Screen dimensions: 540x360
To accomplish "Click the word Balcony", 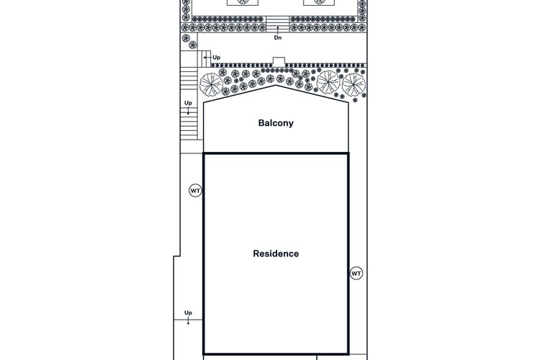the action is click(276, 123).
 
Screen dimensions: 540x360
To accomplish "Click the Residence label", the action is click(276, 253).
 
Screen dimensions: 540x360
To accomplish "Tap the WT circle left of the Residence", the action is click(195, 191).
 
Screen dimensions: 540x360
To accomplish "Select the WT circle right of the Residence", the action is click(356, 274).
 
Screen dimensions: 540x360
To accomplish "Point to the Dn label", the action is click(278, 38).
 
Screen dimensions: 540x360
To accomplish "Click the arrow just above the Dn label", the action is click(278, 30).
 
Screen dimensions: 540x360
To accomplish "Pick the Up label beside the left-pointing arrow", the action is click(216, 58).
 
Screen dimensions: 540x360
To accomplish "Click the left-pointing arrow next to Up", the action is click(207, 57).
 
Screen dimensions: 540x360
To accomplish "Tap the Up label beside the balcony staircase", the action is click(188, 103).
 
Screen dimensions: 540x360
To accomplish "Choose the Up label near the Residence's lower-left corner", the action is click(188, 312).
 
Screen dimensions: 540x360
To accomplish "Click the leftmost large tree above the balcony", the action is click(211, 84).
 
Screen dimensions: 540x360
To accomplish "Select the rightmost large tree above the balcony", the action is click(354, 84).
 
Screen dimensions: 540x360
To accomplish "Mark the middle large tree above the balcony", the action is click(328, 81).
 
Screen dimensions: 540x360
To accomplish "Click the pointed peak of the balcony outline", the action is click(276, 86).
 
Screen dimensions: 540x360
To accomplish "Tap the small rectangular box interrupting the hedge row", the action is click(279, 61).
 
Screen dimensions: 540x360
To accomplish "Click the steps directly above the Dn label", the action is click(278, 24).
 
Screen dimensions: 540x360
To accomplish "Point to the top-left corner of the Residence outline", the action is click(204, 153).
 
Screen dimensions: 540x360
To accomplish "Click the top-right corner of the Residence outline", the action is click(348, 153).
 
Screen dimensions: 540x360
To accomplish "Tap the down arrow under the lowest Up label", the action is click(188, 321).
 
